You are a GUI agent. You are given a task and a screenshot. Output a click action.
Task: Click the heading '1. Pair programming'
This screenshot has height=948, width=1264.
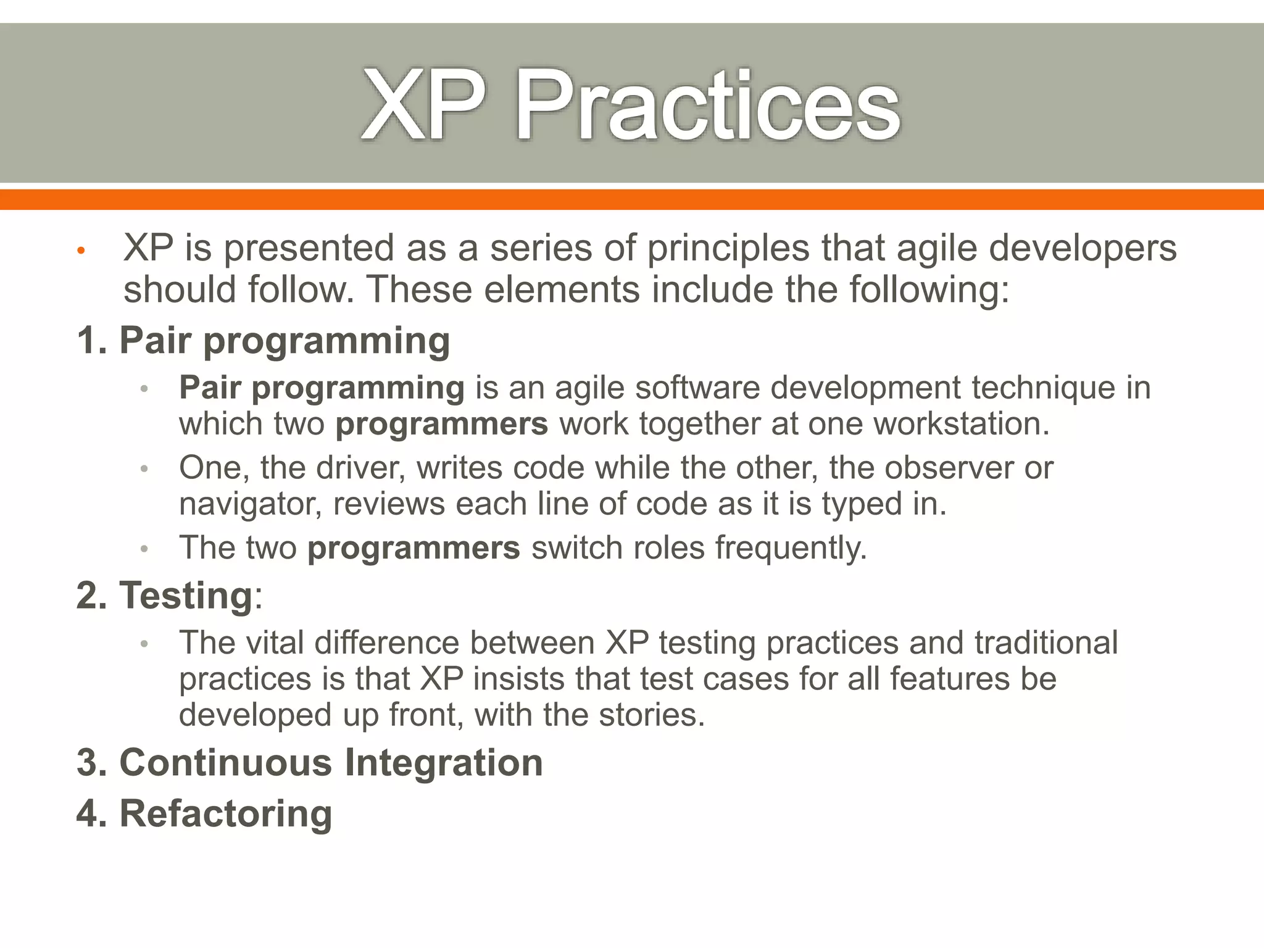(264, 340)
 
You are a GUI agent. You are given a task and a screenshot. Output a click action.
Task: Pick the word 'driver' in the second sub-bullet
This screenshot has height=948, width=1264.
(360, 467)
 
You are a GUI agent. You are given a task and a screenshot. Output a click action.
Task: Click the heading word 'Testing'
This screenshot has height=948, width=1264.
(186, 596)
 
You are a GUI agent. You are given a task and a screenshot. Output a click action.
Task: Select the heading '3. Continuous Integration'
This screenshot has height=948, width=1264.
(310, 762)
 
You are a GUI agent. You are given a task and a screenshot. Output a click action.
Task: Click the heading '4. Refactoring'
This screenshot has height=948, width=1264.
(204, 813)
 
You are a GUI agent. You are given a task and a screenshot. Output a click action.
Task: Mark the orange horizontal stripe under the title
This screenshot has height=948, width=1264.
(632, 199)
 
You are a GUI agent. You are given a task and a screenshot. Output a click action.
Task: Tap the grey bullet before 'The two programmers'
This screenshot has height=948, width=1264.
(144, 549)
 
